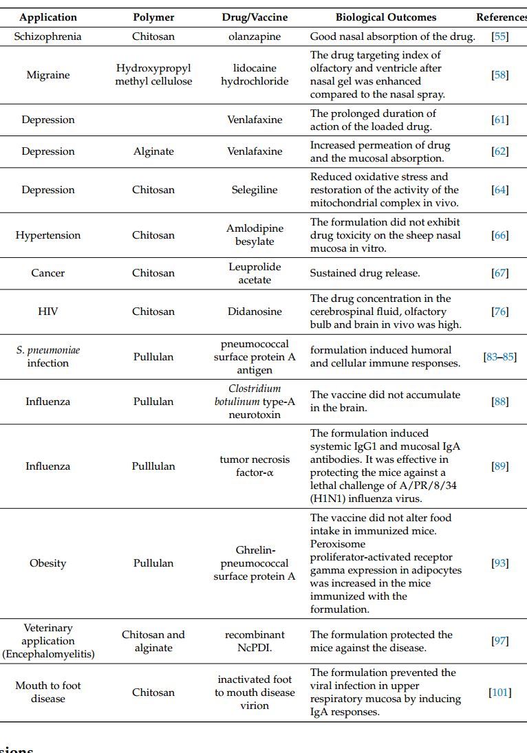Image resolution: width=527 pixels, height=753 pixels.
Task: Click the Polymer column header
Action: click(x=153, y=17)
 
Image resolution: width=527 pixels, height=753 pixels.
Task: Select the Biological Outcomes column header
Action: click(x=385, y=17)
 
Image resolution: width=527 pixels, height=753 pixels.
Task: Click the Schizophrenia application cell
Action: click(x=47, y=36)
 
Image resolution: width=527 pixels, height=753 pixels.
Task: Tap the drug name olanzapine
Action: click(x=255, y=36)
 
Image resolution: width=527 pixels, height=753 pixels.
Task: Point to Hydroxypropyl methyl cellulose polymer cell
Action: click(x=153, y=75)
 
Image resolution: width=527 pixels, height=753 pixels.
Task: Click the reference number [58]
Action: click(x=500, y=75)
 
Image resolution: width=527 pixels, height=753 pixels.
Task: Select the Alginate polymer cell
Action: click(x=153, y=151)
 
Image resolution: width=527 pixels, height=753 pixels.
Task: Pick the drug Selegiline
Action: click(x=255, y=190)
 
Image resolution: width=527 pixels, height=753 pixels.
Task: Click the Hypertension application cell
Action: click(x=47, y=235)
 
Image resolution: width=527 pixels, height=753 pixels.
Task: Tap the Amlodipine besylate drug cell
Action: click(x=255, y=235)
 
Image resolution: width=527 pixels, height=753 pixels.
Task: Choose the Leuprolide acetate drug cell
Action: click(x=255, y=273)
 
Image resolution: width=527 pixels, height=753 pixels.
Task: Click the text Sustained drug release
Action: click(x=365, y=273)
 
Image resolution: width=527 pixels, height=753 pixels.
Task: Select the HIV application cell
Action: click(x=47, y=312)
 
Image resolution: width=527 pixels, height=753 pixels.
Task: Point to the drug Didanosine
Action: click(x=255, y=312)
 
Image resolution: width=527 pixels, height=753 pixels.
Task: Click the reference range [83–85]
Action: click(x=500, y=357)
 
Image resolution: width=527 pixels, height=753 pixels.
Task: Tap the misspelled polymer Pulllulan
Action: click(x=153, y=466)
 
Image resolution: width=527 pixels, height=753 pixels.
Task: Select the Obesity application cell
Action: click(x=47, y=563)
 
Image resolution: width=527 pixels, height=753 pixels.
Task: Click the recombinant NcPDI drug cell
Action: click(x=255, y=641)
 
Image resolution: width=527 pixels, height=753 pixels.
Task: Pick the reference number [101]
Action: click(x=500, y=692)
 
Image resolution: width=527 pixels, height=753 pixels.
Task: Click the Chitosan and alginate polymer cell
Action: click(x=153, y=641)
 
